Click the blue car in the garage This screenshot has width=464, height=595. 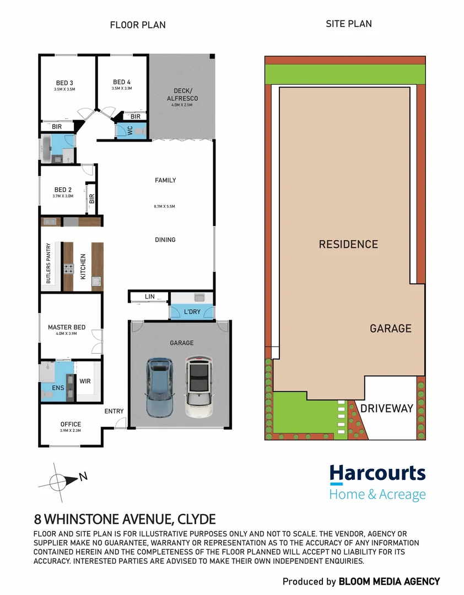[x=160, y=387]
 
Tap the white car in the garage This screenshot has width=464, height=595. [x=199, y=388]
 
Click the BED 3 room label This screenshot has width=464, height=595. [x=64, y=83]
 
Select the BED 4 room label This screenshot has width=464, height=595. [x=122, y=82]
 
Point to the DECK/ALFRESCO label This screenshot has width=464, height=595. [x=181, y=95]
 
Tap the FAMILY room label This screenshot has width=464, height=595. [x=165, y=180]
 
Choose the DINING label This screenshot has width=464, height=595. [x=165, y=240]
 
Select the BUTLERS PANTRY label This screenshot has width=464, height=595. [x=48, y=263]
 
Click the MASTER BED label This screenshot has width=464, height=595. [x=67, y=328]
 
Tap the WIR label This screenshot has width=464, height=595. [x=85, y=381]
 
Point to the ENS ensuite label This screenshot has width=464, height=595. [x=58, y=388]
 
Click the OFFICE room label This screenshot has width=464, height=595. [x=71, y=424]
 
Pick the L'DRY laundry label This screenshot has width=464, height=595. [x=192, y=312]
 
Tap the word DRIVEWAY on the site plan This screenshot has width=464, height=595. [x=386, y=409]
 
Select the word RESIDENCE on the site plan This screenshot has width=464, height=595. [x=348, y=244]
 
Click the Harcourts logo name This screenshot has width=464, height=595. [x=377, y=474]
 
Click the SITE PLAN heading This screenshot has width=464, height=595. [x=349, y=24]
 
